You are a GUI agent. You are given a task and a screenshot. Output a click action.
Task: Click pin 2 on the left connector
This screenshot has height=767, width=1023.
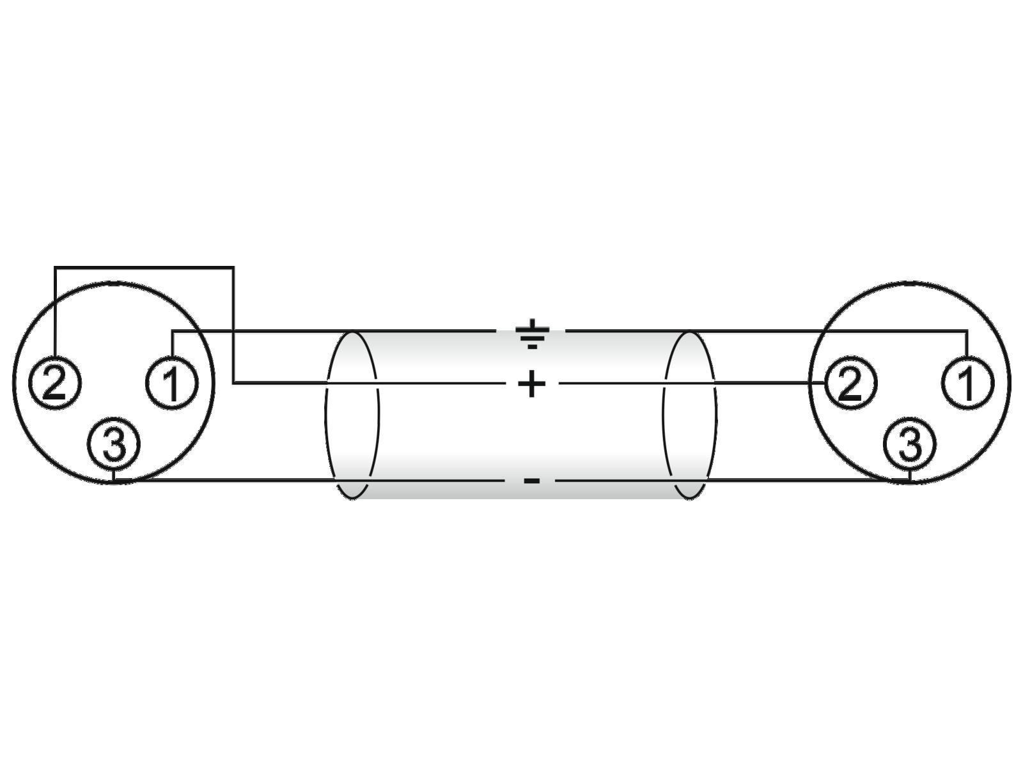55,383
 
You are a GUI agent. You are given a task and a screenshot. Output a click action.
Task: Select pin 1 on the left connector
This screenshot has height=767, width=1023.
173,383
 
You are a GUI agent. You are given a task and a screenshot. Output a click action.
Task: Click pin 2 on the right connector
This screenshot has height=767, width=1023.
850,383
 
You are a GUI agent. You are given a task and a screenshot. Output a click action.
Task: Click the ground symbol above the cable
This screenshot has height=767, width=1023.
532,334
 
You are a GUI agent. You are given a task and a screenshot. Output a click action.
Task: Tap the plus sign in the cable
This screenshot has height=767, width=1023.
532,383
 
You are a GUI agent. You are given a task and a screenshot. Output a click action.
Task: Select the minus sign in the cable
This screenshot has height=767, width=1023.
532,480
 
